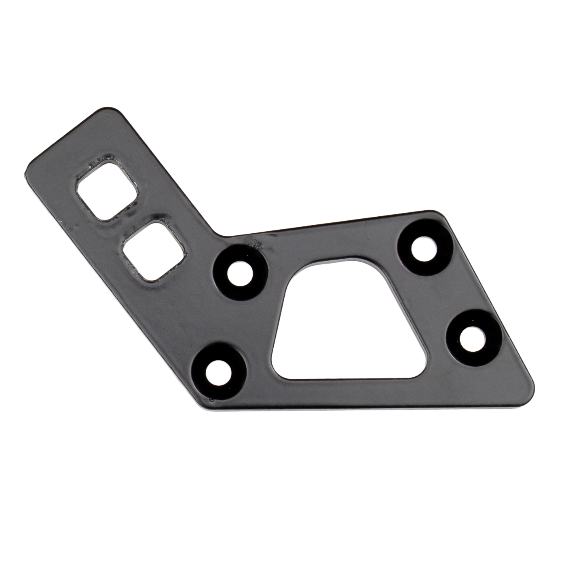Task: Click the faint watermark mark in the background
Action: click(516, 118)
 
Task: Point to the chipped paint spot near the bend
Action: click(254, 244)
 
